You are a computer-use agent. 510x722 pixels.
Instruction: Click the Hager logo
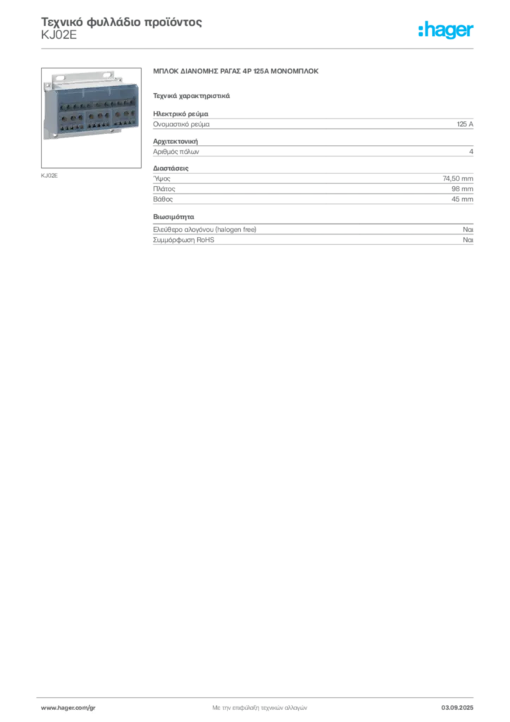(x=445, y=30)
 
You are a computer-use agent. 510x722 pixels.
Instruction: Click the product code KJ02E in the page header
(x=59, y=35)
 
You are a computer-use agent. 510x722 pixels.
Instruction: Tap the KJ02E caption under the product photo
(x=49, y=176)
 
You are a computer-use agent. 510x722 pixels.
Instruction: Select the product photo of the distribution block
(x=91, y=118)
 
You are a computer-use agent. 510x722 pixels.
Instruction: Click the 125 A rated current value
(x=465, y=124)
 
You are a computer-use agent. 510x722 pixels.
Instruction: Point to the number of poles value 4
(x=471, y=152)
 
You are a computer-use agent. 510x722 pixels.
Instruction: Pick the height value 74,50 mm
(x=458, y=178)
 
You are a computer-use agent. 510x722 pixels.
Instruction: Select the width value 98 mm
(x=462, y=189)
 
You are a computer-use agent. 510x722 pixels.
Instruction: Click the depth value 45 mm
(x=462, y=200)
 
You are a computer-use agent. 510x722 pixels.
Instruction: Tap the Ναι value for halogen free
(x=468, y=229)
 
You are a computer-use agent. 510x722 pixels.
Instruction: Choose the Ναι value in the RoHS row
(x=468, y=240)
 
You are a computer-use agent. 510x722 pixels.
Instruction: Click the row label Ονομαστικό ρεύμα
(x=181, y=124)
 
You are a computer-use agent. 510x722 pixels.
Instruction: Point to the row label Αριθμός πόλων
(x=176, y=152)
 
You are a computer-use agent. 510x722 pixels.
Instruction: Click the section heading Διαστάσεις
(x=170, y=169)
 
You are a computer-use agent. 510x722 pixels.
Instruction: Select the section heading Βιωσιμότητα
(x=173, y=217)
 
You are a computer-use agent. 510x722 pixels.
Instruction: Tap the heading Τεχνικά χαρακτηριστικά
(x=192, y=96)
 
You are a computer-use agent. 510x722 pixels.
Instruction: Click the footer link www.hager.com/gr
(x=68, y=708)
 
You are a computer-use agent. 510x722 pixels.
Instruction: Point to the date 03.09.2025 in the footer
(x=457, y=708)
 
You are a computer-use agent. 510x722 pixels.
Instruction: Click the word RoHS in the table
(x=206, y=240)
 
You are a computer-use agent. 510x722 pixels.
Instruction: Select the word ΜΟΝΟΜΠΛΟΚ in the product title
(x=294, y=71)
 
